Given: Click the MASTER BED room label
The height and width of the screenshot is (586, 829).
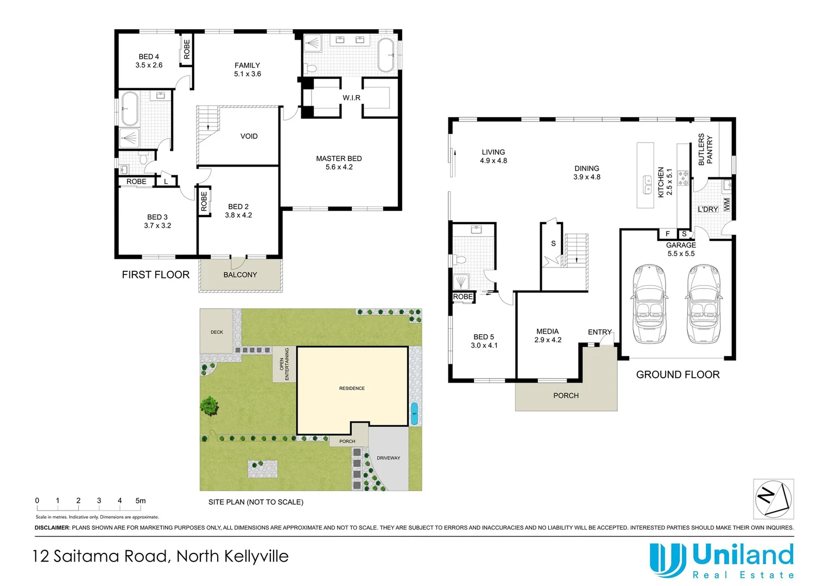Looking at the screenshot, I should [x=339, y=158].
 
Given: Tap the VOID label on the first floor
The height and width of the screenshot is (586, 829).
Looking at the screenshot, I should [x=249, y=136].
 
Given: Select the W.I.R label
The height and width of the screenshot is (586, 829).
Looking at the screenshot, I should [x=351, y=98].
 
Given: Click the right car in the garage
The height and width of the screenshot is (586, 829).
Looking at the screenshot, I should [x=703, y=304].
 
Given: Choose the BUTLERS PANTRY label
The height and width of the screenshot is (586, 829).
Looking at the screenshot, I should [x=705, y=150].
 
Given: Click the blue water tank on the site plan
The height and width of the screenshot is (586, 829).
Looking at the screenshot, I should [x=414, y=413].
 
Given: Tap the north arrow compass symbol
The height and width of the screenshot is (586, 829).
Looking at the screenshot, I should [x=773, y=499].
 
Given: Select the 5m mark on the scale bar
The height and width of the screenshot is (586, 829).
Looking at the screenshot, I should [x=141, y=501].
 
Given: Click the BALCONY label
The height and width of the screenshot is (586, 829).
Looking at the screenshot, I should [x=240, y=275].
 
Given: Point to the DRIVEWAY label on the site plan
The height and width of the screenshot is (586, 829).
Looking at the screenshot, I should [x=388, y=458].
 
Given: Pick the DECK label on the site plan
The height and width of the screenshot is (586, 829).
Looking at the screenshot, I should [x=217, y=332].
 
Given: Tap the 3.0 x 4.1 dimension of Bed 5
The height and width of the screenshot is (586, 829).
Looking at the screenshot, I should [x=484, y=345].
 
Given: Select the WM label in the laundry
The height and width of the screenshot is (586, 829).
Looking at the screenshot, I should [x=726, y=205].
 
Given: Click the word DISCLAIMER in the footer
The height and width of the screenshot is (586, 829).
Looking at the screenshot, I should [x=52, y=527].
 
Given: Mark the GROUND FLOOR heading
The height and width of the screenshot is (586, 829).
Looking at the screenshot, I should [x=678, y=374].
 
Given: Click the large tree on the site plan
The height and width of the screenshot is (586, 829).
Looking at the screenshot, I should [x=209, y=405].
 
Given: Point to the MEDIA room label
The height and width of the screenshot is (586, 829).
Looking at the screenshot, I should [x=547, y=331].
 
